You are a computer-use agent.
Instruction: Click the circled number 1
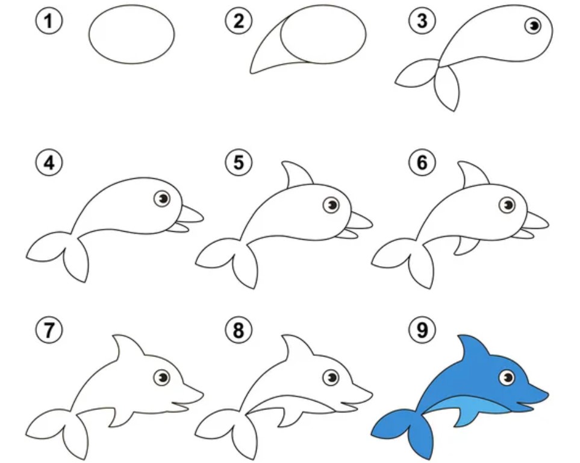pyautogui.click(x=49, y=21)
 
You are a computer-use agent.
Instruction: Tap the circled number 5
pyautogui.click(x=239, y=163)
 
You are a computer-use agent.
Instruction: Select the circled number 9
pyautogui.click(x=422, y=329)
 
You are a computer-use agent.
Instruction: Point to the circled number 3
pyautogui.click(x=422, y=20)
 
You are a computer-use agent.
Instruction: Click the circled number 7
pyautogui.click(x=49, y=329)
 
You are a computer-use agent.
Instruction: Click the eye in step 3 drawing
pyautogui.click(x=533, y=25)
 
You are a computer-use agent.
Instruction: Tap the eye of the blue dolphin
pyautogui.click(x=507, y=378)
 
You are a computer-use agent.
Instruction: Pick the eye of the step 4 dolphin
pyautogui.click(x=162, y=199)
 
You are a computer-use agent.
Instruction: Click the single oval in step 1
pyautogui.click(x=131, y=34)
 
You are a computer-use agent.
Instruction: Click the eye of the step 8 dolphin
pyautogui.click(x=331, y=378)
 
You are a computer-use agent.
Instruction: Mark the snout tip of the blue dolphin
pyautogui.click(x=548, y=394)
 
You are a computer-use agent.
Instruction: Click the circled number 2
pyautogui.click(x=239, y=20)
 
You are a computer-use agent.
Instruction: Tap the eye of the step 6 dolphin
pyautogui.click(x=507, y=205)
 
